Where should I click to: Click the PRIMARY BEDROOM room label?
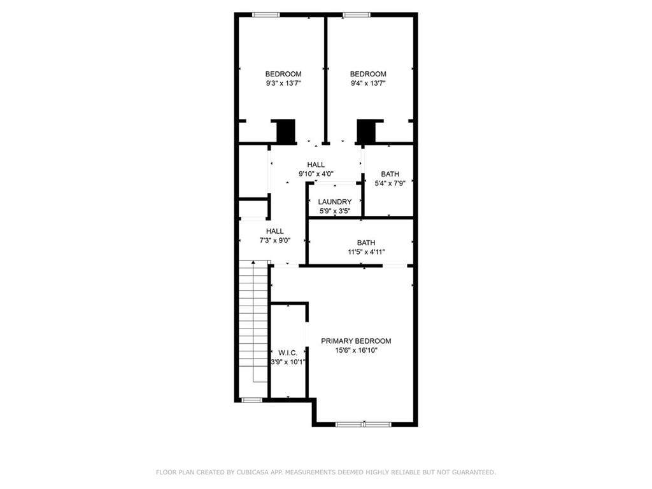pos(355,341)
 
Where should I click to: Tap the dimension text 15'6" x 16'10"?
pos(355,350)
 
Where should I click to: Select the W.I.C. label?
pos(288,352)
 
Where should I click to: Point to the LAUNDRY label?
pos(335,202)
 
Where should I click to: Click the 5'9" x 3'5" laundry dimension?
pos(335,211)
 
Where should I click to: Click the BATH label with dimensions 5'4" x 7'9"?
pos(390,174)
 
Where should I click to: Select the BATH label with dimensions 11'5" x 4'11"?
pos(366,243)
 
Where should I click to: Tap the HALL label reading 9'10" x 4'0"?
pos(316,164)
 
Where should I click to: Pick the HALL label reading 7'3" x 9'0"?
pos(275,231)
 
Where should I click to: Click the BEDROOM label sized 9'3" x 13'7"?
pos(283,74)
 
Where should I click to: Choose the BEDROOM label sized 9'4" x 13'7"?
pos(368,74)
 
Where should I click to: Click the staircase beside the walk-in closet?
pos(253,322)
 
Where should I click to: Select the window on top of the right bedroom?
pos(355,15)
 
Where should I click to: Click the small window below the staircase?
pos(252,400)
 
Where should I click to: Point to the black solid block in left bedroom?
pos(286,131)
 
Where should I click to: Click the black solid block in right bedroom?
pos(367,131)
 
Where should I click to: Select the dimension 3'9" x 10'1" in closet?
pos(288,362)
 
